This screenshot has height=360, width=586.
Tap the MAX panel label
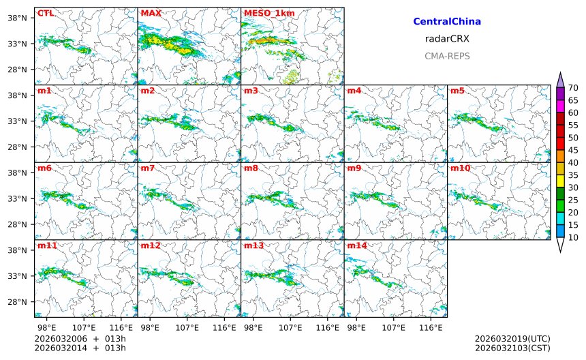click(x=151, y=13)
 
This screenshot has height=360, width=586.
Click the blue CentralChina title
click(x=447, y=22)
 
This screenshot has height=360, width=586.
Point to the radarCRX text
click(x=447, y=39)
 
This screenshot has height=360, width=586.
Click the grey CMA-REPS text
click(x=447, y=56)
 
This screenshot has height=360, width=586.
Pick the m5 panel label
click(x=457, y=91)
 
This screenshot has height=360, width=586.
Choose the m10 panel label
click(x=460, y=168)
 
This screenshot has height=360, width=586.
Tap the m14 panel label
click(x=356, y=245)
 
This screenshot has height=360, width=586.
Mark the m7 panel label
click(x=148, y=168)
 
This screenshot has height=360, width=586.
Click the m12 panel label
click(x=151, y=245)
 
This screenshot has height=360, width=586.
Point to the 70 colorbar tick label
click(x=574, y=87)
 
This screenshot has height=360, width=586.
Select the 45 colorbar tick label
click(x=574, y=149)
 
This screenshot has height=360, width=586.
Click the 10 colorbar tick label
click(x=574, y=237)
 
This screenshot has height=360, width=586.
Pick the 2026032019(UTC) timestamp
click(x=512, y=339)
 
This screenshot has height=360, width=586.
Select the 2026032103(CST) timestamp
click(x=512, y=348)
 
